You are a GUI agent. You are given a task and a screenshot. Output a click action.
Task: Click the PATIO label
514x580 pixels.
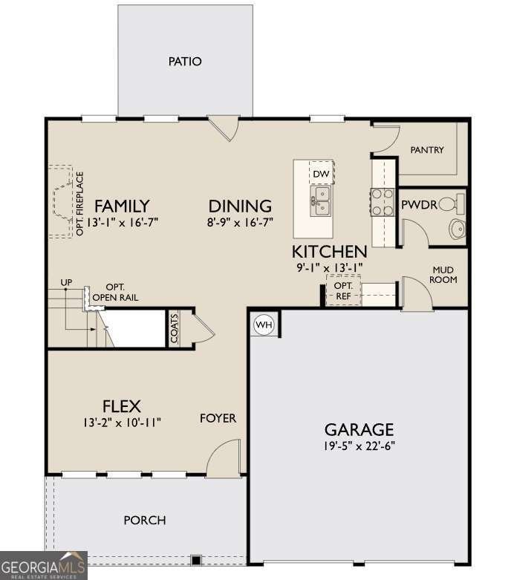tap(185, 61)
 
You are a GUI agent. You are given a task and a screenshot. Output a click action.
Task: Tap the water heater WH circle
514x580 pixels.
tap(264, 325)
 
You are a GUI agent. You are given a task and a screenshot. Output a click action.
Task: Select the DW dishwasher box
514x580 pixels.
tap(321, 173)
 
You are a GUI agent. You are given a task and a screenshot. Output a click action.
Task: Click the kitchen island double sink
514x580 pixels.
tap(320, 201)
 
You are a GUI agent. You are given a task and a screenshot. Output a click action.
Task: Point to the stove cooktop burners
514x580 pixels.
tap(383, 201)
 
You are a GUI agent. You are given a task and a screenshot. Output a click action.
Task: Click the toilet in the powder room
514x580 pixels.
tap(451, 203)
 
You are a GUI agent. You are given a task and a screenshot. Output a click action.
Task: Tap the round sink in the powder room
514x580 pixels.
tap(457, 229)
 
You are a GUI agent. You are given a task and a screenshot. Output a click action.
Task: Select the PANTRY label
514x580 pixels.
tap(427, 150)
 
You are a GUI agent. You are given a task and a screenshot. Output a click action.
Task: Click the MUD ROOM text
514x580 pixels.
tap(443, 275)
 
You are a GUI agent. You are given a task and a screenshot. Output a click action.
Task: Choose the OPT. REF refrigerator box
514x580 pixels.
tap(343, 290)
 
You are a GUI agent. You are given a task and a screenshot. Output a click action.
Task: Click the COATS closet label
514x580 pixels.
tap(175, 328)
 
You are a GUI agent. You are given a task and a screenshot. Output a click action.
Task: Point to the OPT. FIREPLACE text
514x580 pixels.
tap(79, 203)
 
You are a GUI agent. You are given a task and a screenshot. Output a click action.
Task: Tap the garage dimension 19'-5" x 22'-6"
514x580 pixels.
tap(360, 446)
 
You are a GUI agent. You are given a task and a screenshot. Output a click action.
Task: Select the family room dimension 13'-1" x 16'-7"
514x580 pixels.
tap(123, 222)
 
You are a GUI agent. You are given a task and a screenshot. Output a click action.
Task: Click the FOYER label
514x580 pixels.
tap(218, 418)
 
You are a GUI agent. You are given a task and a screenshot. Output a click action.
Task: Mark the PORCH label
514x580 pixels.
tap(145, 520)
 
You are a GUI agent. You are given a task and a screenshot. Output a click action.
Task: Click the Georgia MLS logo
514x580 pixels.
tap(44, 565)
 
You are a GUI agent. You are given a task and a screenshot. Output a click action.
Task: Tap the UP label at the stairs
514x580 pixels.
tap(66, 282)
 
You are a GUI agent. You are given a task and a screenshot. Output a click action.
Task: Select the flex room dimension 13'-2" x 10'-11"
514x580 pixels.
tap(122, 422)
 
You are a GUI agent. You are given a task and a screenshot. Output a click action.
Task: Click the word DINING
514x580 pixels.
tap(240, 206)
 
